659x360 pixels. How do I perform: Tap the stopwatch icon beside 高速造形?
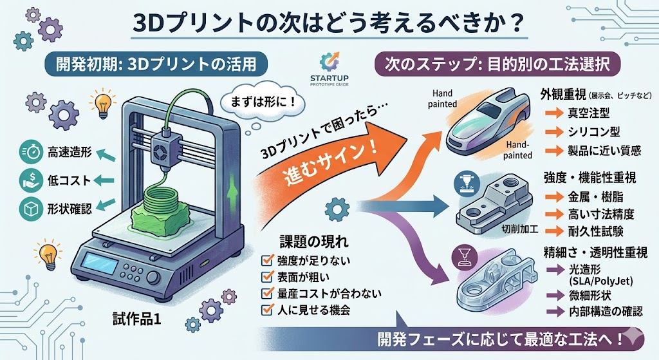point(30,153)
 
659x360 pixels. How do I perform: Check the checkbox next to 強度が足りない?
point(267,261)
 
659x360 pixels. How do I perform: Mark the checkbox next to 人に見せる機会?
point(267,310)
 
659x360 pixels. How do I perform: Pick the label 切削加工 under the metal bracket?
point(519,229)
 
